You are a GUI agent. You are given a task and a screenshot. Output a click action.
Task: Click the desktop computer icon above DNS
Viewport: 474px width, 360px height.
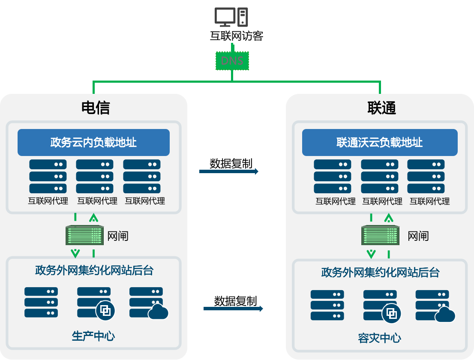[231, 18]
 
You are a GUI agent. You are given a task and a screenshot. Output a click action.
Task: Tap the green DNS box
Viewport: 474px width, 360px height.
[232, 61]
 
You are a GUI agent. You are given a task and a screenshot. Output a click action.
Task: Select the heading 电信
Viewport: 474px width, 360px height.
[96, 108]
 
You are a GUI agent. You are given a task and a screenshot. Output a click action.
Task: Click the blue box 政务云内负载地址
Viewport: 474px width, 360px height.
[93, 142]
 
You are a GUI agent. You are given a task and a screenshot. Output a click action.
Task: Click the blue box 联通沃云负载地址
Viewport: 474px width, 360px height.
[380, 142]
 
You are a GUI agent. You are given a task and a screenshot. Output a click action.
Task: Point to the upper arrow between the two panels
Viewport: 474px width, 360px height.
[229, 171]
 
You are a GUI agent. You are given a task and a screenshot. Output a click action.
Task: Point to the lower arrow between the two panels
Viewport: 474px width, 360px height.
[233, 309]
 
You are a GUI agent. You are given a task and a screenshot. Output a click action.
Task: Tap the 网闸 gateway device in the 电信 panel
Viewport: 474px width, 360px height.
[84, 235]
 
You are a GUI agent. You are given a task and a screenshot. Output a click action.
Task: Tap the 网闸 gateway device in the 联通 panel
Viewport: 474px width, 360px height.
[380, 235]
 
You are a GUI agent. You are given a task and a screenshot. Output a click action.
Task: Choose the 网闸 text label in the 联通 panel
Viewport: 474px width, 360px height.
[418, 236]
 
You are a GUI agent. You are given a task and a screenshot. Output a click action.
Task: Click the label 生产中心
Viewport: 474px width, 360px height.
[93, 336]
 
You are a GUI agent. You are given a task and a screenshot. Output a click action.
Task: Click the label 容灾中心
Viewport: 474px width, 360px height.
[379, 338]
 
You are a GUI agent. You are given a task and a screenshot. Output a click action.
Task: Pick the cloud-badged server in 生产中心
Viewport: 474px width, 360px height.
[148, 303]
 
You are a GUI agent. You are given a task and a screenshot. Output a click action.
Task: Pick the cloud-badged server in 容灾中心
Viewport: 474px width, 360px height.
[434, 306]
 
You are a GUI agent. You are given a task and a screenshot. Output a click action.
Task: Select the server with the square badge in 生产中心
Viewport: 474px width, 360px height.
[95, 303]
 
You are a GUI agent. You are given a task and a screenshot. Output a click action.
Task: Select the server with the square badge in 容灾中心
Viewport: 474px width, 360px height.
[381, 306]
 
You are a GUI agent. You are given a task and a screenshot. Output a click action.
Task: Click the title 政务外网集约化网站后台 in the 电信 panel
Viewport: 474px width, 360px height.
[94, 270]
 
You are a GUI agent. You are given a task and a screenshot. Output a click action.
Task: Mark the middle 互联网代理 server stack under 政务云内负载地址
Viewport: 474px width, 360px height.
[95, 176]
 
